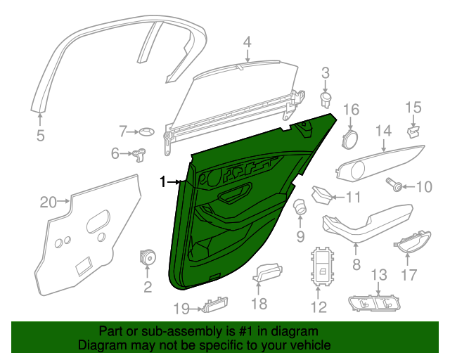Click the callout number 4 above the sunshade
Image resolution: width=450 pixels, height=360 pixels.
tap(247, 42)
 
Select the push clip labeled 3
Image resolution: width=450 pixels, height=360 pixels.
tap(326, 100)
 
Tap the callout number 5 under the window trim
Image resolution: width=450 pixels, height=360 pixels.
tap(41, 135)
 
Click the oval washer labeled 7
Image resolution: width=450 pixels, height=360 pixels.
tap(147, 131)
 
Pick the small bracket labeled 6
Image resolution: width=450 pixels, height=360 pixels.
tap(139, 155)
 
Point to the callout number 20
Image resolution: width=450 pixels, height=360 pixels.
tap(48, 202)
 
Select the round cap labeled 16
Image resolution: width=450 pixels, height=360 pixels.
tap(350, 139)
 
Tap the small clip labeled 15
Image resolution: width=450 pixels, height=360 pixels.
tap(413, 131)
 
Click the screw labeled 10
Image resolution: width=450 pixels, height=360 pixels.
tap(394, 184)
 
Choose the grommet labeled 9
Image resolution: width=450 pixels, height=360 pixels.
tap(300, 207)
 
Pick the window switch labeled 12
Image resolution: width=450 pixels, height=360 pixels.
tap(322, 266)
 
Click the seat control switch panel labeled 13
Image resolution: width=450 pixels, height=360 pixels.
tap(374, 303)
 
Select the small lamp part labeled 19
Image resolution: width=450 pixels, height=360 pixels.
tap(215, 304)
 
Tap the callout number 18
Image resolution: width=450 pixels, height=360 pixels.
tap(259, 304)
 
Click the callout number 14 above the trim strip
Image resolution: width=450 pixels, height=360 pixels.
tap(384, 131)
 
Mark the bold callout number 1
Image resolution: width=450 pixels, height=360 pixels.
tap(162, 181)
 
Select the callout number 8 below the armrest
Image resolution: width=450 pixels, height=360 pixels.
tap(356, 264)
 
